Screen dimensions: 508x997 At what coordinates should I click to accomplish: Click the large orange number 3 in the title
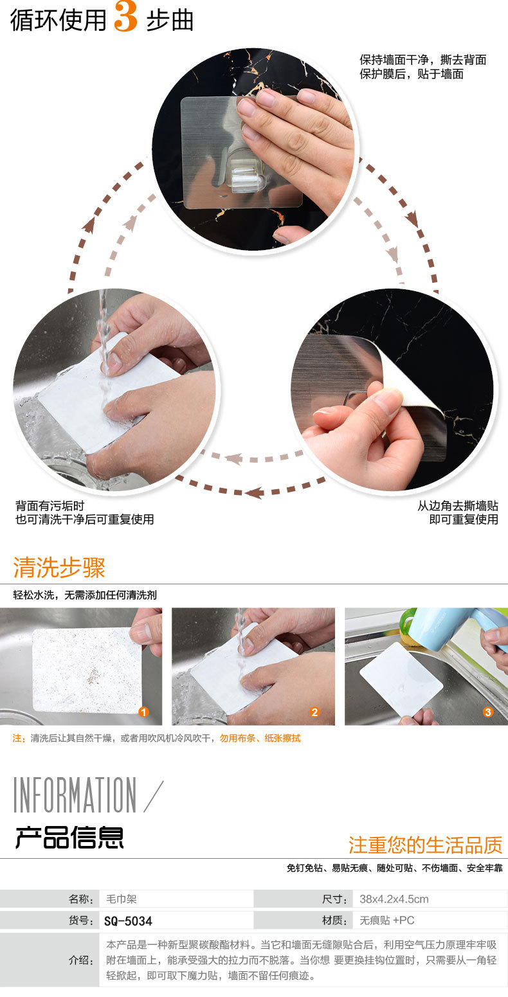[125, 17]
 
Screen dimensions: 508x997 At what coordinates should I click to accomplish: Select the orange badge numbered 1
[143, 712]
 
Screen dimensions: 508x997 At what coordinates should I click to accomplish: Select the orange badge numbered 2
[315, 712]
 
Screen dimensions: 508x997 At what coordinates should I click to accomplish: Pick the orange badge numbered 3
[488, 712]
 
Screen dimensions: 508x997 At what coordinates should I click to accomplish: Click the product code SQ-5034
[128, 921]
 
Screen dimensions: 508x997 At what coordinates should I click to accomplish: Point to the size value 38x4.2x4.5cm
[394, 899]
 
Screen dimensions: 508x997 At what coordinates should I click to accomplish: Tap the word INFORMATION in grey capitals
[75, 795]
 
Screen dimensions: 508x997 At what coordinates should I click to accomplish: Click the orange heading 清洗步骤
[59, 568]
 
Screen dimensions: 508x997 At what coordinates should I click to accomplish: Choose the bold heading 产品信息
[69, 837]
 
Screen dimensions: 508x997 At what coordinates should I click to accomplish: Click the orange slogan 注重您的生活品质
[425, 845]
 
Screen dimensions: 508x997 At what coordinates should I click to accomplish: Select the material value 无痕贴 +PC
[387, 920]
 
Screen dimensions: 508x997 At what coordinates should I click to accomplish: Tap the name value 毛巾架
[121, 899]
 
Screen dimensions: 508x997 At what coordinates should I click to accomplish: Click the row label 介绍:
[81, 960]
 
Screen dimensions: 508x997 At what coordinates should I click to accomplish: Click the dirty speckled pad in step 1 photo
[87, 670]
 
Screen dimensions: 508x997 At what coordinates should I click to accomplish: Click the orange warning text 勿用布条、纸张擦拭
[260, 738]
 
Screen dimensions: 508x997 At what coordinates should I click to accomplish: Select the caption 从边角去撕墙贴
[458, 506]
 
